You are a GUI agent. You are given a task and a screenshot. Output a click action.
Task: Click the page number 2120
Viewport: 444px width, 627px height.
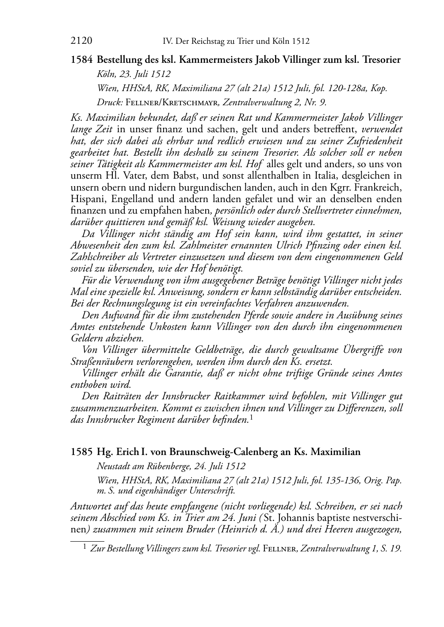(81, 41)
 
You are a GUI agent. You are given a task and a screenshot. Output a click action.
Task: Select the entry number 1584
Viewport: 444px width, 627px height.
(81, 60)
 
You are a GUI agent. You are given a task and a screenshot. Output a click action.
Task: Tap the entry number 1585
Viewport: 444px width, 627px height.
(81, 452)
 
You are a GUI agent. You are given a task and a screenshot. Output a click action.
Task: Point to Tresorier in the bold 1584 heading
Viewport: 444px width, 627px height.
(380, 60)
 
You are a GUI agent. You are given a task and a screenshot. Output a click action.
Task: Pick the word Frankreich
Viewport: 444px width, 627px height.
(379, 187)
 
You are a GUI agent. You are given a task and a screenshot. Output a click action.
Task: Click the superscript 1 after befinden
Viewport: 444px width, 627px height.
(251, 417)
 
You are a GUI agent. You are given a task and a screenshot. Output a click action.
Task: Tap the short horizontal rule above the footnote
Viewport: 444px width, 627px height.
(87, 540)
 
